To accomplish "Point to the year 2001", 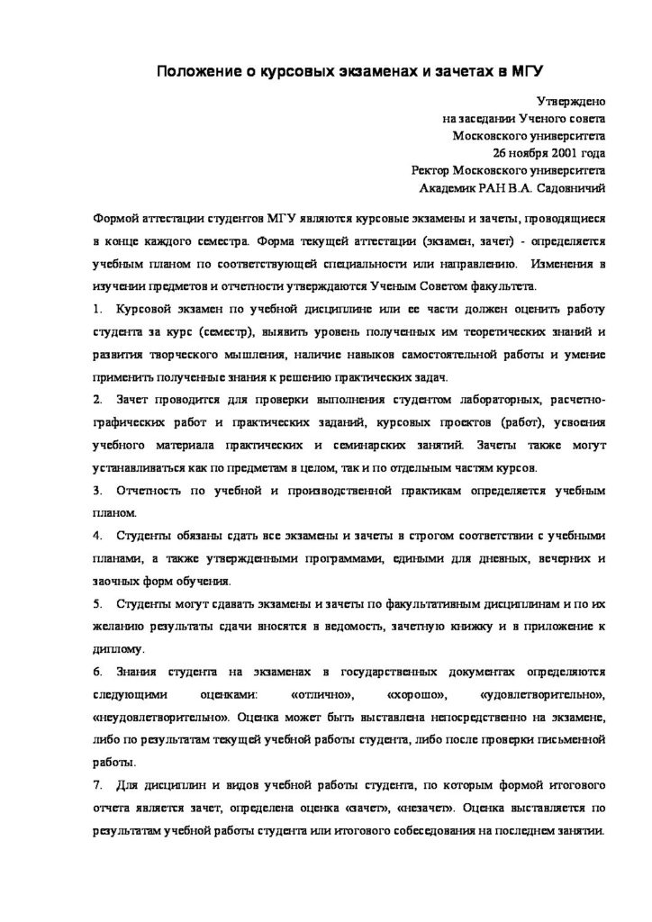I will tap(552, 153).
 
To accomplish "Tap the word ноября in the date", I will tap(512, 153).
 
